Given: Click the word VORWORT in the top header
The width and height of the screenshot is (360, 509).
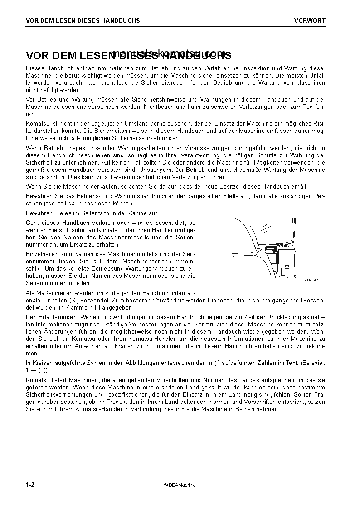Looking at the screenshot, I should (309, 20).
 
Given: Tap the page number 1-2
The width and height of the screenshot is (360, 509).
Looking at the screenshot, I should (30, 485).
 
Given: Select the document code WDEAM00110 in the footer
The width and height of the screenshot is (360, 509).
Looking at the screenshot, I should (180, 485).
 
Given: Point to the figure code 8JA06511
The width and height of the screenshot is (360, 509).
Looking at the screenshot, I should (312, 280).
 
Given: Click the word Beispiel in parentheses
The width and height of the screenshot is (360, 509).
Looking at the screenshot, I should (312, 363).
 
